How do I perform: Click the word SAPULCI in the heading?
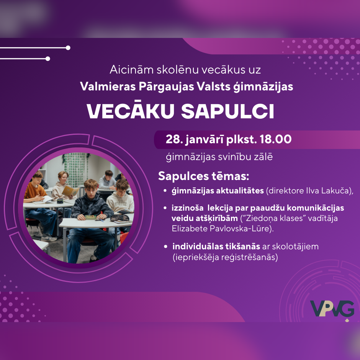(227, 111)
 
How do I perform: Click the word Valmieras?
(108, 87)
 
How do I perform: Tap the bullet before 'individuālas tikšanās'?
(166, 247)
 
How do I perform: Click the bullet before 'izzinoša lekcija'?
(165, 208)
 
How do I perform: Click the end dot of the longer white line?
(68, 48)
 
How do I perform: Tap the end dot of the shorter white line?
(48, 59)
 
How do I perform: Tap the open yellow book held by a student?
(70, 191)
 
